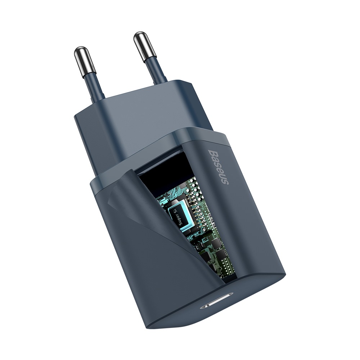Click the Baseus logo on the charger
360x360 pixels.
click(x=218, y=167)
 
